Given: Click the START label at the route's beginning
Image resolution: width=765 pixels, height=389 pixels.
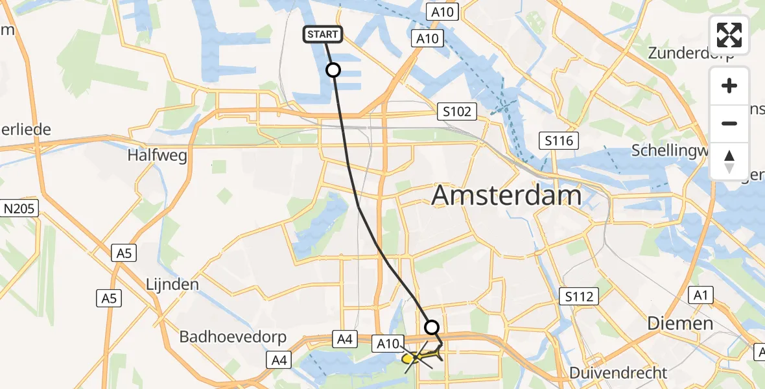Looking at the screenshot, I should point(322,34).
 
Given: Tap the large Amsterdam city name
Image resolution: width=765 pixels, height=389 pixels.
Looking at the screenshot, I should point(506,194).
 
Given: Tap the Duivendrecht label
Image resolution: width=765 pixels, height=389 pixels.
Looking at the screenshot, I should point(618,373).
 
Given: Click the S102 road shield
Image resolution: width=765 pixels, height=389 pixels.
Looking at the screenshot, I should point(457,112).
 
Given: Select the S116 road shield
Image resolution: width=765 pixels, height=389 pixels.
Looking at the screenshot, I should point(559,140).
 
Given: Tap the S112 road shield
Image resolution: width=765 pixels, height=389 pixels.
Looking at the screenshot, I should point(578,297).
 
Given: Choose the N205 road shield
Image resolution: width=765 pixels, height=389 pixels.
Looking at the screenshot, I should point(20,208).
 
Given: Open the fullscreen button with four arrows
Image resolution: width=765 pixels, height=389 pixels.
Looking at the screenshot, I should point(729,34).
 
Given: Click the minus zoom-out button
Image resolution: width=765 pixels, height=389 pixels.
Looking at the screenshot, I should point(729,123).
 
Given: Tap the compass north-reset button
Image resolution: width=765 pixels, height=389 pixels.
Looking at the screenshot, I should point(729,161).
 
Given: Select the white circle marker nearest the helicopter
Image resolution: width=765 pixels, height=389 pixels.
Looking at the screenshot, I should point(431,327).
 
